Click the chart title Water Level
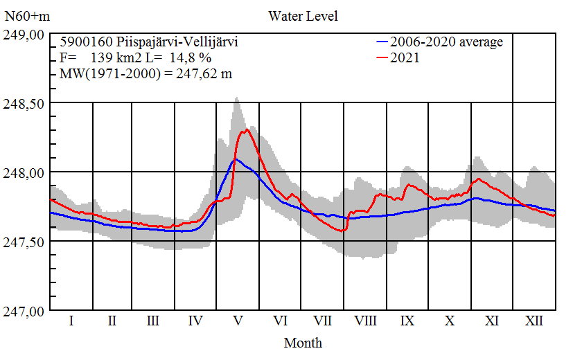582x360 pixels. pyautogui.click(x=303, y=15)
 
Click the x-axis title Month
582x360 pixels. pyautogui.click(x=303, y=342)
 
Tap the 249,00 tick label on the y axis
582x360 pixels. pyautogui.click(x=25, y=35)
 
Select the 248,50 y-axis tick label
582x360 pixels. pyautogui.click(x=25, y=103)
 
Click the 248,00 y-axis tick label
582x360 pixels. pyautogui.click(x=25, y=172)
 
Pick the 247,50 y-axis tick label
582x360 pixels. pyautogui.click(x=25, y=242)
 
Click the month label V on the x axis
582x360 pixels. pyautogui.click(x=238, y=321)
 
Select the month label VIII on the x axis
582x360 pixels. pyautogui.click(x=365, y=321)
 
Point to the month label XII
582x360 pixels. pyautogui.click(x=533, y=321)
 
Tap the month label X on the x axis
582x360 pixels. pyautogui.click(x=450, y=321)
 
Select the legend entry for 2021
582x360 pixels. pyautogui.click(x=405, y=58)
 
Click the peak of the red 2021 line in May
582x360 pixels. pyautogui.click(x=246, y=129)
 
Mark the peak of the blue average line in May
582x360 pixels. pyautogui.click(x=236, y=159)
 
